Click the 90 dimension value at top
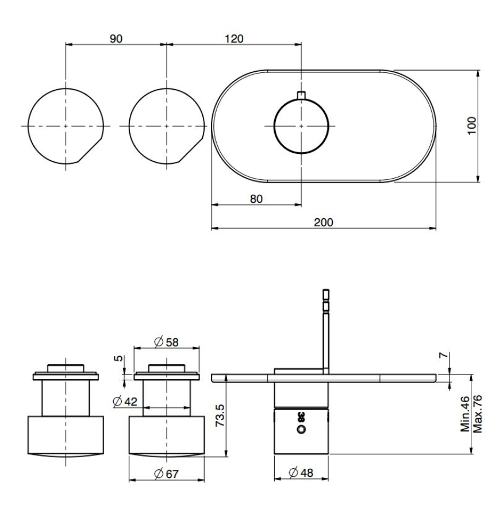click(x=116, y=38)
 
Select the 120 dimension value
click(x=233, y=38)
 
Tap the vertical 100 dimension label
click(x=471, y=126)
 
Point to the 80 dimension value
click(x=256, y=199)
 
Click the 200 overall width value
click(x=323, y=222)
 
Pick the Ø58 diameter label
click(x=167, y=342)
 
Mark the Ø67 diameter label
click(x=167, y=474)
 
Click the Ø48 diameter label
click(x=301, y=473)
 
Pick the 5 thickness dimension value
click(x=118, y=359)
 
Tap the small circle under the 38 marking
click(x=301, y=429)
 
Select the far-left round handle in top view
click(x=66, y=126)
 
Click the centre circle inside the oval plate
click(x=301, y=126)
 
